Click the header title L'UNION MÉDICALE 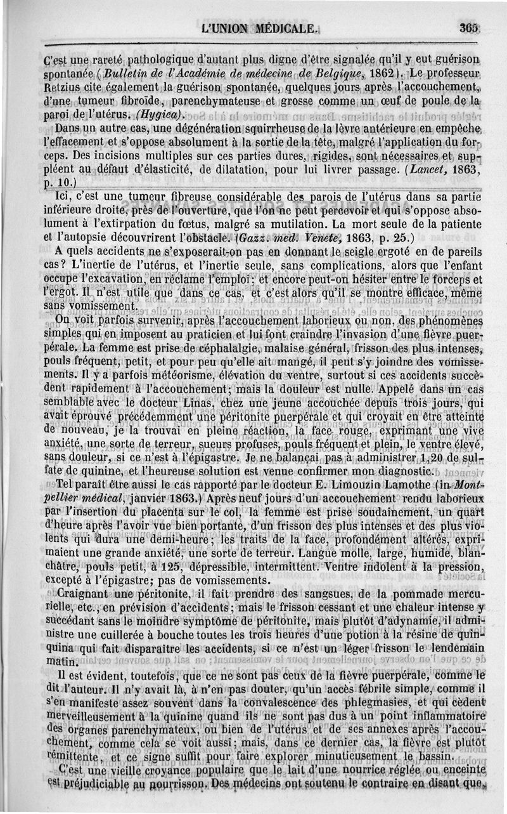(259, 29)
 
